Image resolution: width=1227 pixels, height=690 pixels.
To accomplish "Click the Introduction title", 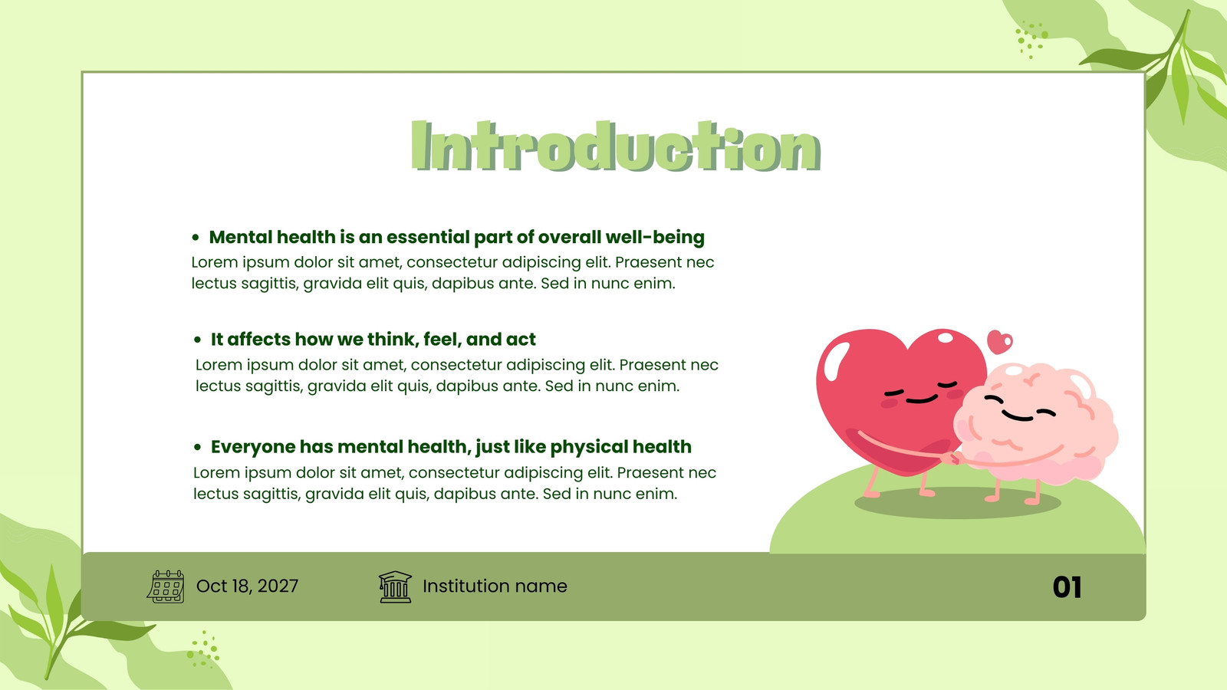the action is [x=616, y=146].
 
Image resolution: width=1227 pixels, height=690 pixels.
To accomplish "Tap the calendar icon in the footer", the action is [x=166, y=586].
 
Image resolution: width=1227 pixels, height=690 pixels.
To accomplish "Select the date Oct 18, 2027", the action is [x=247, y=586].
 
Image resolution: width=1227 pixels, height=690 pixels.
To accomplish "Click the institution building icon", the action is [x=395, y=587].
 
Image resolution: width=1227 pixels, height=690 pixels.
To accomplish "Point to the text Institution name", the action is [x=495, y=586].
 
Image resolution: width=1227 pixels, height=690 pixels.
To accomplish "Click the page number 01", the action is [x=1067, y=587].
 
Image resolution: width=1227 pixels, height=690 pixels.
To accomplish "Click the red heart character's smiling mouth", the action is [x=921, y=399].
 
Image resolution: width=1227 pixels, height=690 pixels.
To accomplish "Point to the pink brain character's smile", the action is [x=1018, y=417].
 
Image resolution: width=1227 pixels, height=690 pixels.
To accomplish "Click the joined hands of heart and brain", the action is [x=952, y=458].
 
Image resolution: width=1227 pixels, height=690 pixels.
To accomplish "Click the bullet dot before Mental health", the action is [x=196, y=238].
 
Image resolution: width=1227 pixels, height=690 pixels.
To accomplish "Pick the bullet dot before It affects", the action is [x=198, y=340].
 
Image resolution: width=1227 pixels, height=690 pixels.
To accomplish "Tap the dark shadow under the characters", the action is [x=958, y=503].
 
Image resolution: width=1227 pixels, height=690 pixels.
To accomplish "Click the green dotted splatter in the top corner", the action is [x=1031, y=39].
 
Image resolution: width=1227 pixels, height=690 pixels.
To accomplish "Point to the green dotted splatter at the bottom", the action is [x=203, y=649].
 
